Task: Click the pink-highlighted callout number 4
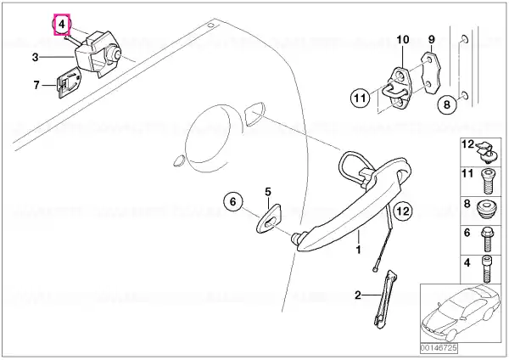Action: pos(62,25)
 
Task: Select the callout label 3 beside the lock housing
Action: pos(36,58)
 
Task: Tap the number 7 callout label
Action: pos(36,85)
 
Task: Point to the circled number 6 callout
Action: pos(233,202)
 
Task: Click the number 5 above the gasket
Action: pos(268,192)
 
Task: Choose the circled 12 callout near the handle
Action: pos(403,211)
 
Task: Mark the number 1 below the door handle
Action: pos(359,250)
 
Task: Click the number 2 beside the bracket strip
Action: pos(358,295)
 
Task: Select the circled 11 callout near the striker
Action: pos(360,98)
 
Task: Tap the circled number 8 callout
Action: pos(447,104)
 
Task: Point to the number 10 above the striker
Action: pos(403,40)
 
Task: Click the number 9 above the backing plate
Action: pos(432,39)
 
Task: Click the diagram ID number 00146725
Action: pos(439,347)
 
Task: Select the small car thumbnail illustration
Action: pos(461,312)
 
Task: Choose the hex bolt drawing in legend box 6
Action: pos(486,239)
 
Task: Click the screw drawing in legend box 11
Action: pos(486,181)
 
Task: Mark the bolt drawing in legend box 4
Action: pos(486,268)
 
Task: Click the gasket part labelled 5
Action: pos(268,218)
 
